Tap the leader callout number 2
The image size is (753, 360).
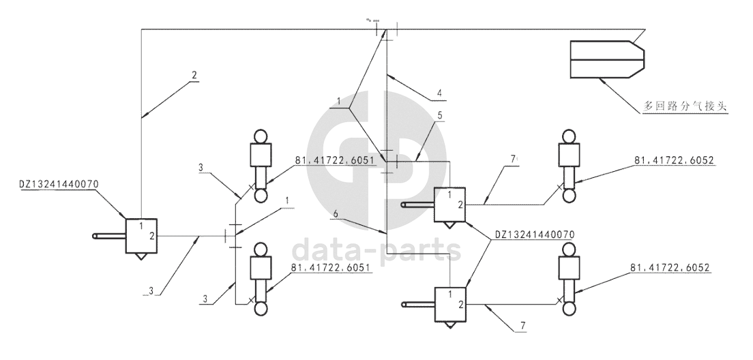[194, 76]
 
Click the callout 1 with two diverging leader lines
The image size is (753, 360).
[337, 102]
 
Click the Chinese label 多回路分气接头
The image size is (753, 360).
[685, 106]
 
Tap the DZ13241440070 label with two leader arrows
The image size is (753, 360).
[535, 234]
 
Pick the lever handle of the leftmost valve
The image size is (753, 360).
[108, 237]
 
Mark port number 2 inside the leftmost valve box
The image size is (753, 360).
[151, 236]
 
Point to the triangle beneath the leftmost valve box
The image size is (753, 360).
[141, 256]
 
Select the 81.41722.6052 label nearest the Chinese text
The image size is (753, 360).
[668, 160]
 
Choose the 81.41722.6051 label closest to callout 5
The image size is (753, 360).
[334, 161]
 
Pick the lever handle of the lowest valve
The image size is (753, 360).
[417, 304]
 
